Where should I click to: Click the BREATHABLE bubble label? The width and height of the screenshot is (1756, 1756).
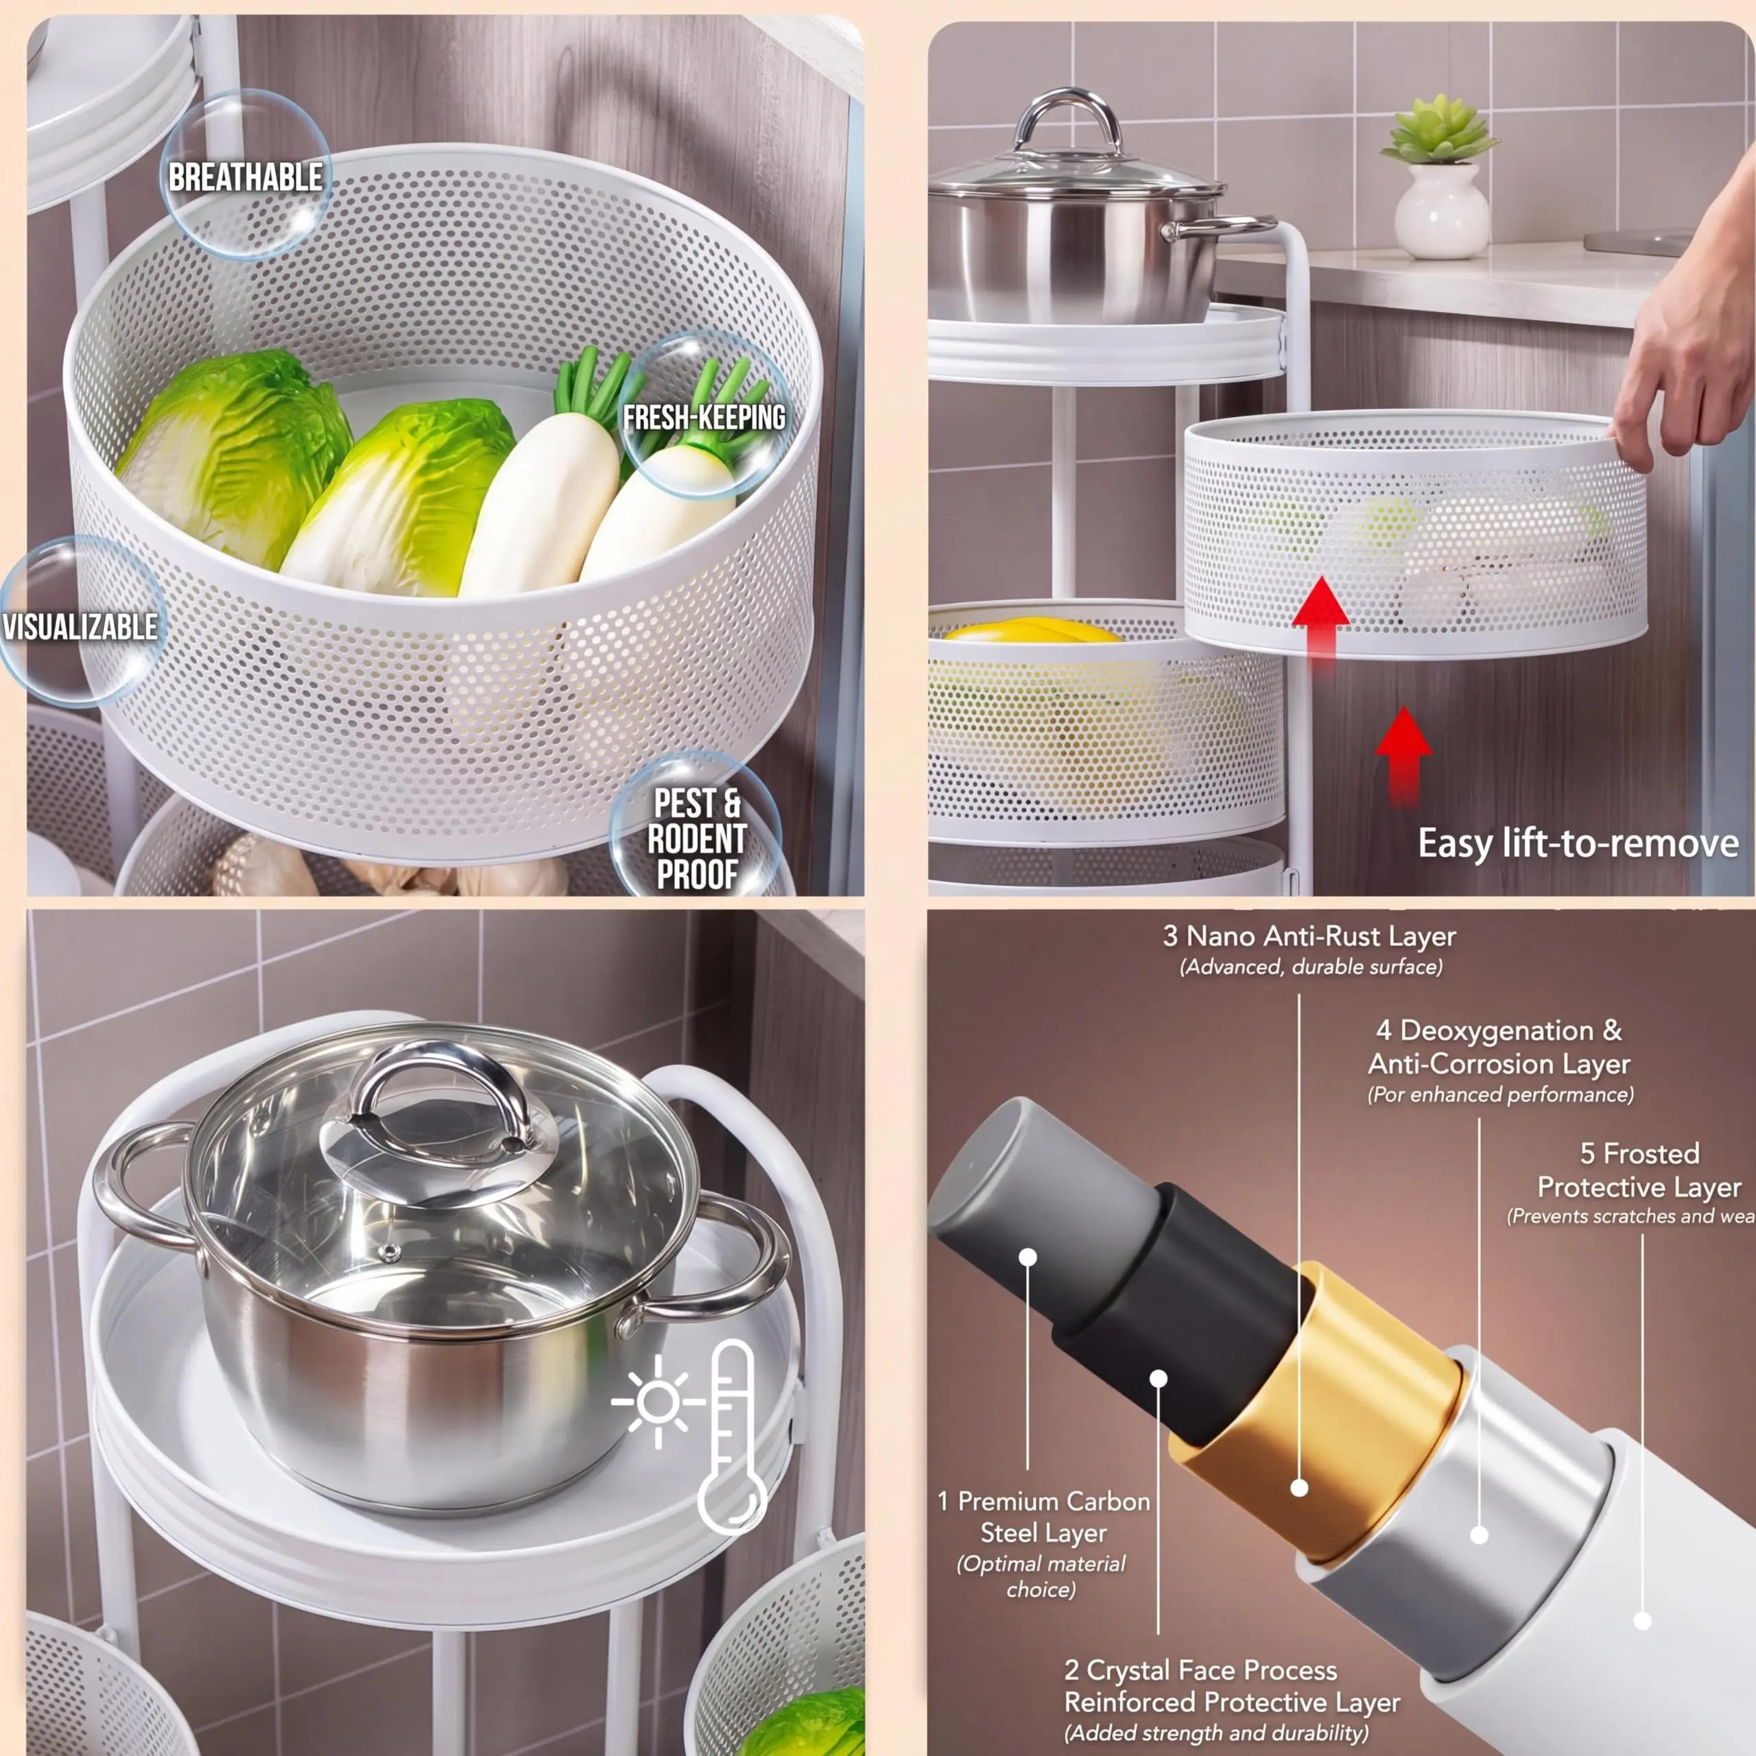tap(246, 176)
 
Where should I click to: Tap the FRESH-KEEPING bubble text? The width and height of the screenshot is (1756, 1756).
tap(704, 417)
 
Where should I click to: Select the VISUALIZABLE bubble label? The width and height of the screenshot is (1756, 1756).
tap(80, 627)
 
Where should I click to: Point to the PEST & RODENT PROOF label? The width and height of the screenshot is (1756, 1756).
tap(697, 839)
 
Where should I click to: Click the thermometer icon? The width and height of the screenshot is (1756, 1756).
tap(733, 1437)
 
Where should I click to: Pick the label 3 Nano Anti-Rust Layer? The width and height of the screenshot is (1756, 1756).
tap(1309, 936)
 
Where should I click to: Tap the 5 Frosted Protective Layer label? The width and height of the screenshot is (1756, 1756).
tap(1639, 1170)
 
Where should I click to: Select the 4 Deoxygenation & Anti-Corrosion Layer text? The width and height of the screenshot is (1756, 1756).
tap(1499, 1046)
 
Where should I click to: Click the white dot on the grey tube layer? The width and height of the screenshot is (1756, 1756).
tap(1028, 1257)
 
